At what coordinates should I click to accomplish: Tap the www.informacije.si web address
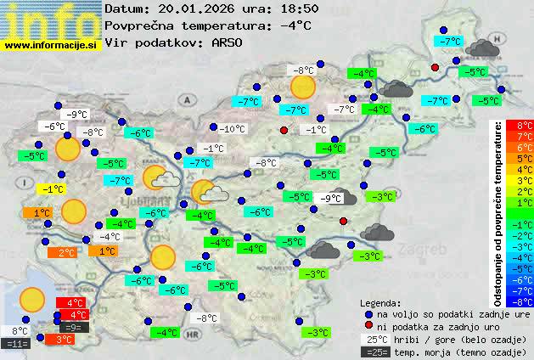[x=51, y=45]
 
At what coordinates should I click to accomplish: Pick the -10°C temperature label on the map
[x=232, y=129]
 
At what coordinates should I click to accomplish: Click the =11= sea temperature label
[x=17, y=344]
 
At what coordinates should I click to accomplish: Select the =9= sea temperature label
[x=73, y=327]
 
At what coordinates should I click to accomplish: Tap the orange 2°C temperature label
[x=66, y=252]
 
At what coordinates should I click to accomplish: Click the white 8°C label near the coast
[x=20, y=331]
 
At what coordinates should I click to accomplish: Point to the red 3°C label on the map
[x=65, y=339]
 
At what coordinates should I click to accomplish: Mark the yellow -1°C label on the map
[x=54, y=189]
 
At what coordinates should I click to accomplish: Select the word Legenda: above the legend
[x=381, y=302]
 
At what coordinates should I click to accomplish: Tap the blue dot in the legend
[x=368, y=313]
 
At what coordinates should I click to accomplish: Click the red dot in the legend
[x=368, y=326]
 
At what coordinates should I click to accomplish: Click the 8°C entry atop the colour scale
[x=524, y=126]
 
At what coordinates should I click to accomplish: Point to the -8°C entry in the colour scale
[x=524, y=301]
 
